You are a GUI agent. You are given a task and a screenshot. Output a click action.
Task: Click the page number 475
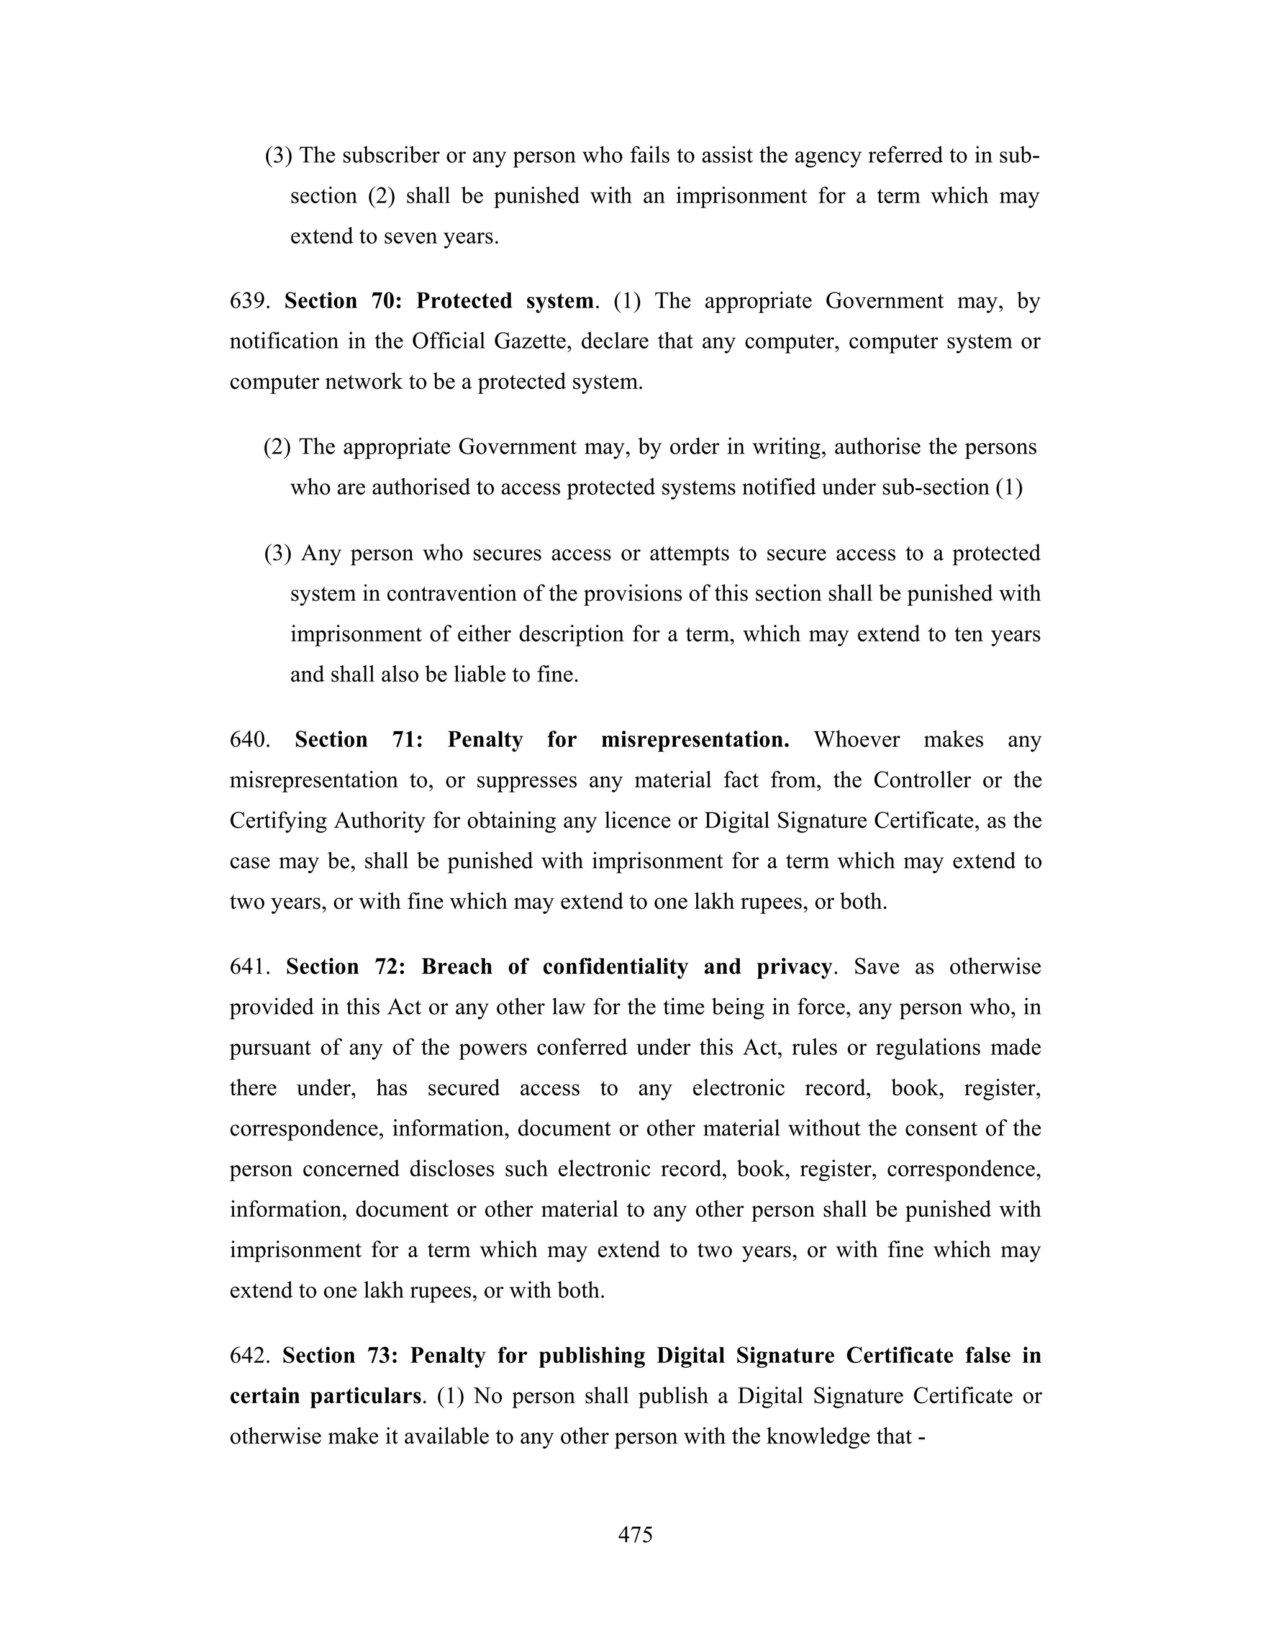tap(635, 1534)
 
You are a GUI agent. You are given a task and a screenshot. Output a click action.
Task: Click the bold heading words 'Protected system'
tap(505, 301)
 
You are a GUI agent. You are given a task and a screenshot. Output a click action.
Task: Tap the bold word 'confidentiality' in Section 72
tap(615, 967)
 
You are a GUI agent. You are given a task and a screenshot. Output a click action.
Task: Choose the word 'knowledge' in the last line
tap(815, 1437)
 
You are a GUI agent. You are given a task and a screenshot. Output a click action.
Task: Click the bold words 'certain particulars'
tap(325, 1396)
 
